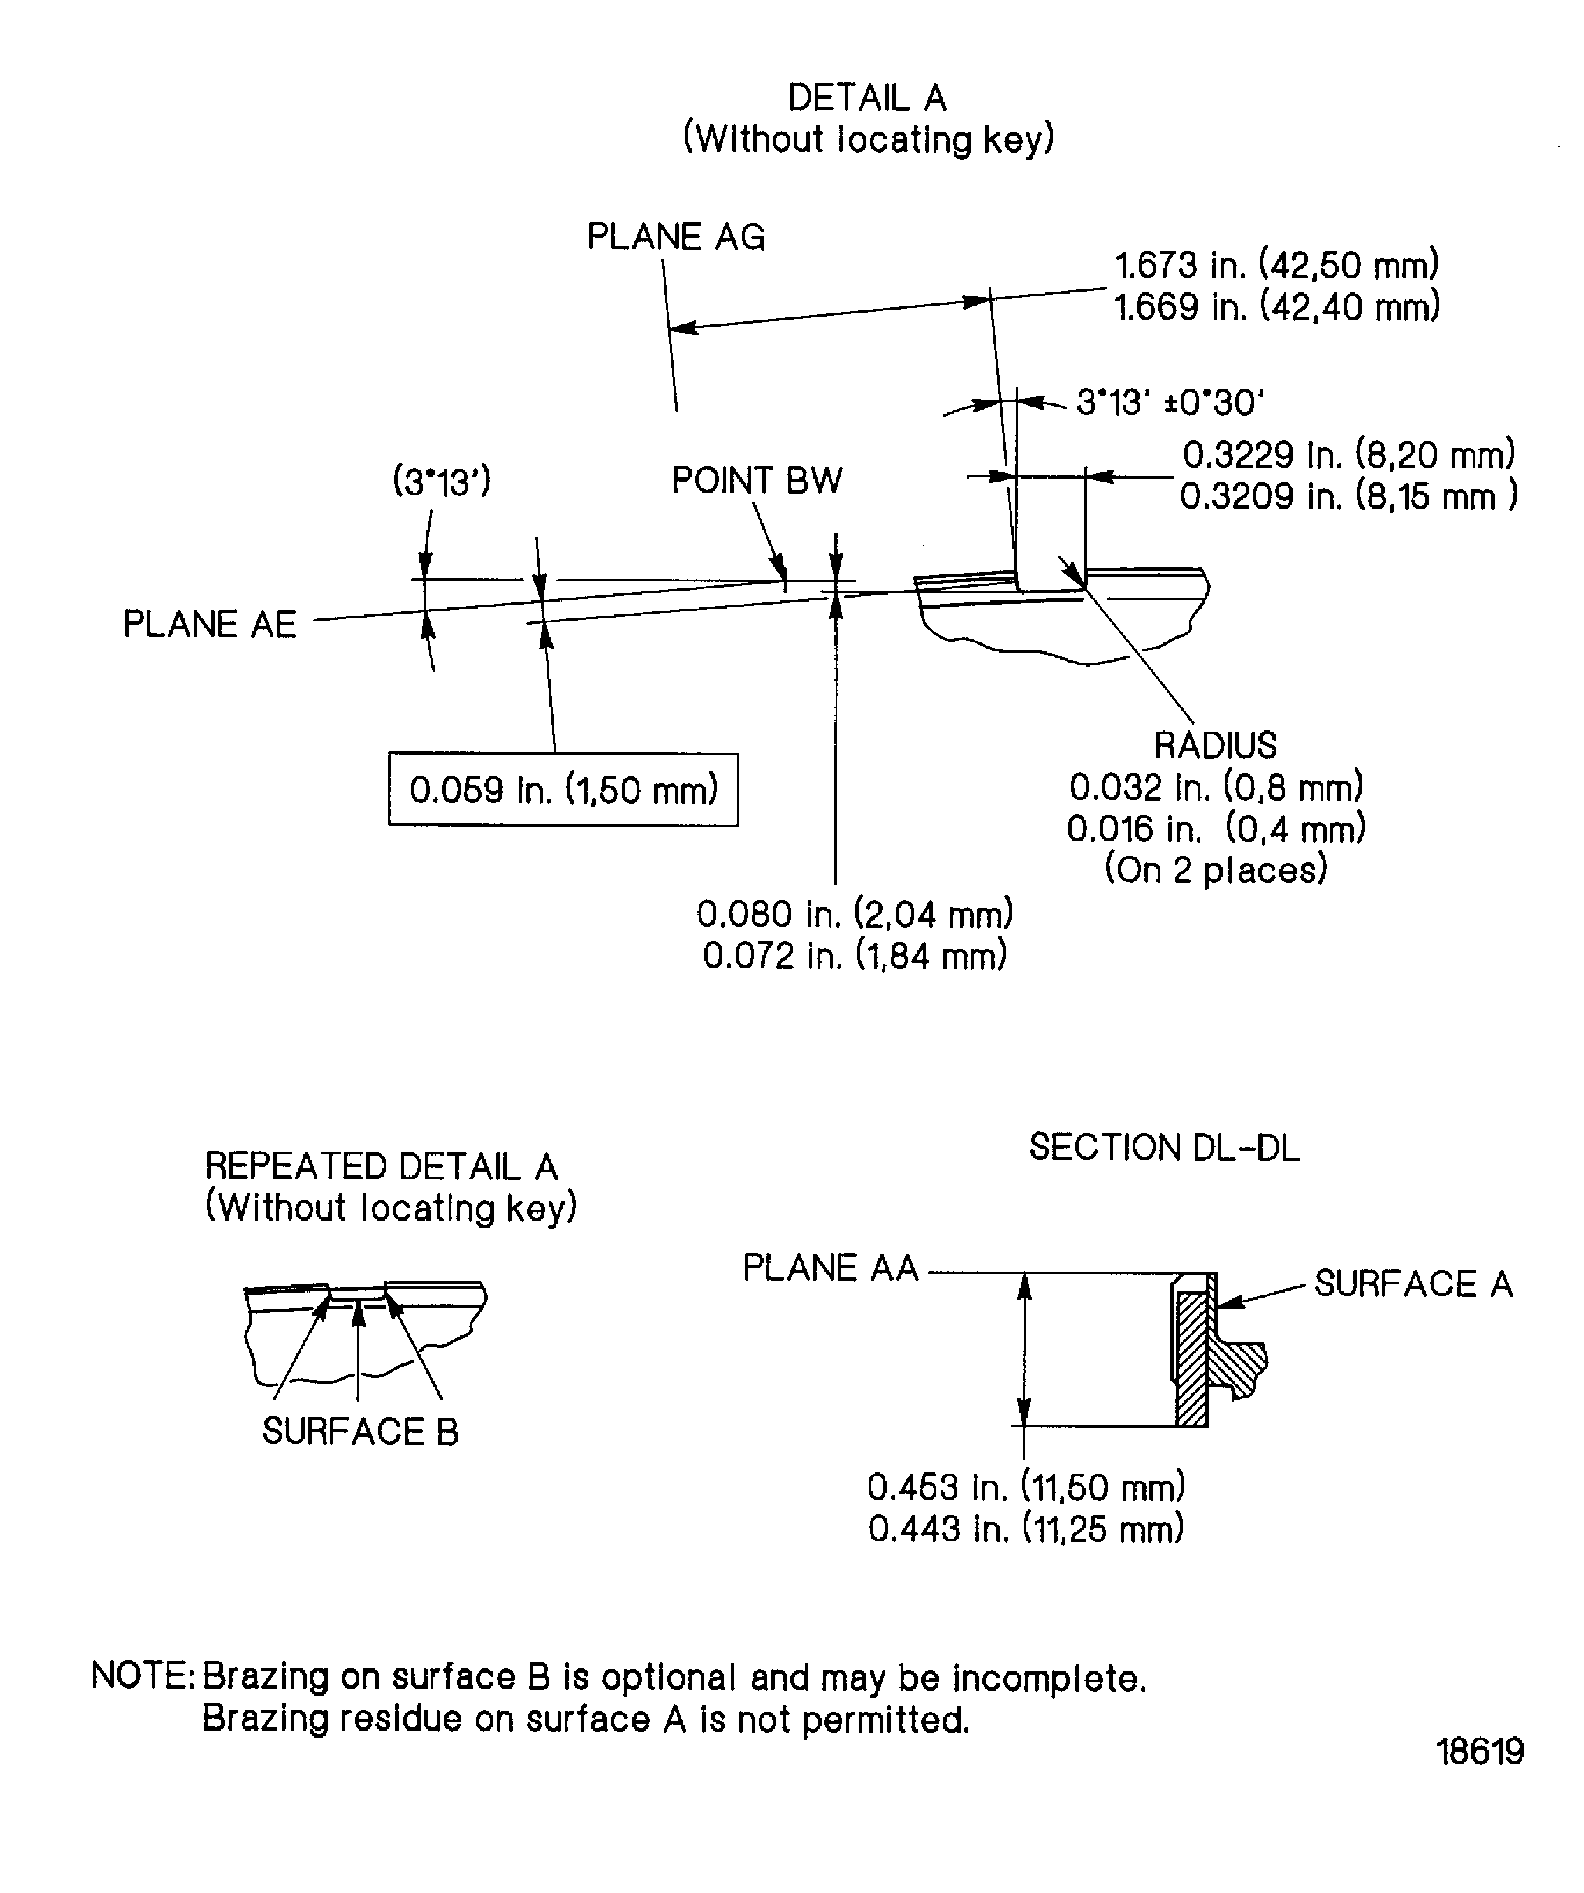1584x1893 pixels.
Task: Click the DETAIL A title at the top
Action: [866, 98]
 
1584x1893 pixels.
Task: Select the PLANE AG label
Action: [675, 237]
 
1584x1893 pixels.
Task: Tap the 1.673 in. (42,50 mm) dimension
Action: [1276, 266]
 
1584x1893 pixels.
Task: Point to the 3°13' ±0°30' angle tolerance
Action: [1170, 402]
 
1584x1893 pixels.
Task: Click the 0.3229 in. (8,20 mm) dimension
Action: [1348, 455]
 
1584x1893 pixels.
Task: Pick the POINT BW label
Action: [757, 480]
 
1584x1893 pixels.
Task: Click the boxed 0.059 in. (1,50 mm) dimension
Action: [563, 790]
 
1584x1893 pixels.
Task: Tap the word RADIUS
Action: [1216, 745]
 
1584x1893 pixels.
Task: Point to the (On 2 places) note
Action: [1216, 869]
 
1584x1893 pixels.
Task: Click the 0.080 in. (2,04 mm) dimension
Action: [855, 914]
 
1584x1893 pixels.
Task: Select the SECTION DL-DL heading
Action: [1164, 1148]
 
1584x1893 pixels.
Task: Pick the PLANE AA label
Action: [829, 1268]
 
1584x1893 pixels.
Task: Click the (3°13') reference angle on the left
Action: [442, 482]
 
